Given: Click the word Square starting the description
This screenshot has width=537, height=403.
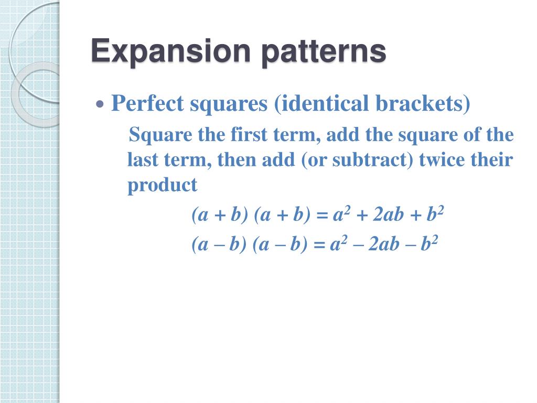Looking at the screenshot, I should click(160, 135).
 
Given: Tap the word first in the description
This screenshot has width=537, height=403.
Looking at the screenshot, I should click(249, 135).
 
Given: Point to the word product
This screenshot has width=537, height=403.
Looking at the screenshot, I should click(162, 185).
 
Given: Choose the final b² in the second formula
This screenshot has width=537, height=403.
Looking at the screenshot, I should click(429, 245).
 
